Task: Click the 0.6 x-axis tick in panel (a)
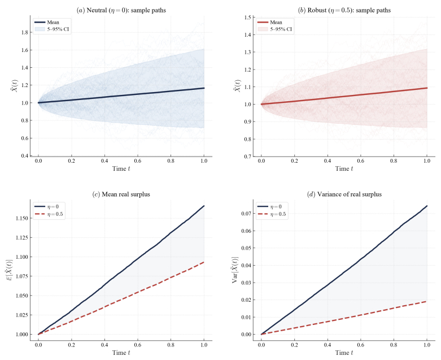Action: (138, 161)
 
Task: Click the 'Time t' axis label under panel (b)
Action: (344, 169)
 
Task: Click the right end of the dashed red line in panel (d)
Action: (427, 301)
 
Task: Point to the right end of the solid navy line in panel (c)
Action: (204, 206)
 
